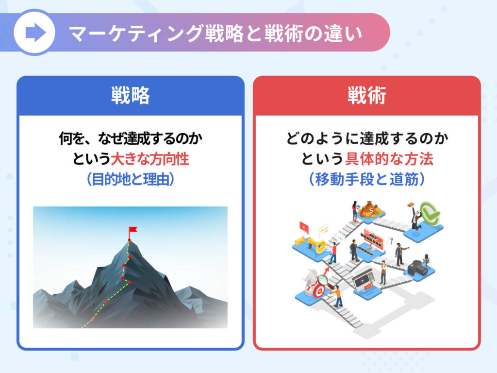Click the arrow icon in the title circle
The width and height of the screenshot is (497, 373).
(x=35, y=33)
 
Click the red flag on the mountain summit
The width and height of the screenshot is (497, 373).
(x=133, y=230)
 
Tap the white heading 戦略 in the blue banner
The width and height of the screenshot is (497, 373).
(x=130, y=95)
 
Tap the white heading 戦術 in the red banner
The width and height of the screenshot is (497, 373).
(x=367, y=95)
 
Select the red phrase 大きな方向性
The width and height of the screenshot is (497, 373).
(x=149, y=159)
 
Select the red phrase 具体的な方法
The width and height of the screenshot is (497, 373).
(x=389, y=159)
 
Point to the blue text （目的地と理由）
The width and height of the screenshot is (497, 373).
(x=130, y=179)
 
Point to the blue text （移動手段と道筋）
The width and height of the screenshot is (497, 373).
(x=367, y=179)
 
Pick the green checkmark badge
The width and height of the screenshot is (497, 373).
(x=429, y=213)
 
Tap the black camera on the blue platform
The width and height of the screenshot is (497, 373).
(x=419, y=268)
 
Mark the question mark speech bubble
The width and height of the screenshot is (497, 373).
(x=391, y=241)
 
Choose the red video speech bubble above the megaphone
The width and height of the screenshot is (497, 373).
(x=304, y=227)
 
